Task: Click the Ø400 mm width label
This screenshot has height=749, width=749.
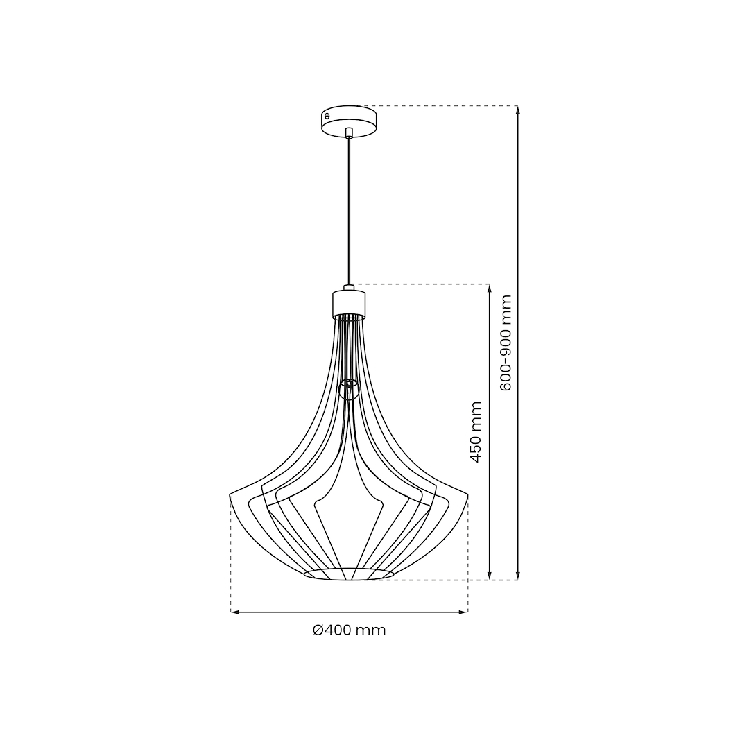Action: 349,630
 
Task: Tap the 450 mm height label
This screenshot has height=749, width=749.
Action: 476,432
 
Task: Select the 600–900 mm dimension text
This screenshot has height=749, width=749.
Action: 505,343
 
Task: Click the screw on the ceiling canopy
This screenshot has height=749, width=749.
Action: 327,115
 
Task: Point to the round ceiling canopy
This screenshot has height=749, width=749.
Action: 349,121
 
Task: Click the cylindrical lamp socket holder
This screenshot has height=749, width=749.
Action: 349,303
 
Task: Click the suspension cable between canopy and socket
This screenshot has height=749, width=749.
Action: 350,211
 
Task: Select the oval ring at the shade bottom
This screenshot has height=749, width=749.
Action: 349,574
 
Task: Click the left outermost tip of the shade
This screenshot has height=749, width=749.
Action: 230,494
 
